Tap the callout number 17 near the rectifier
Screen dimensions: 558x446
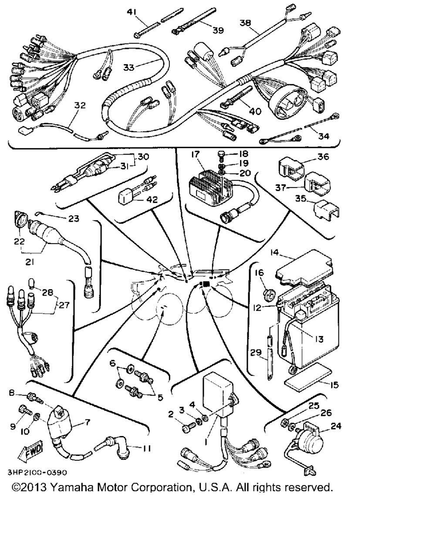click(194, 154)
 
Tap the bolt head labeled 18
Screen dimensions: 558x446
click(221, 154)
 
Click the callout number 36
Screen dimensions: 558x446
click(324, 157)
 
